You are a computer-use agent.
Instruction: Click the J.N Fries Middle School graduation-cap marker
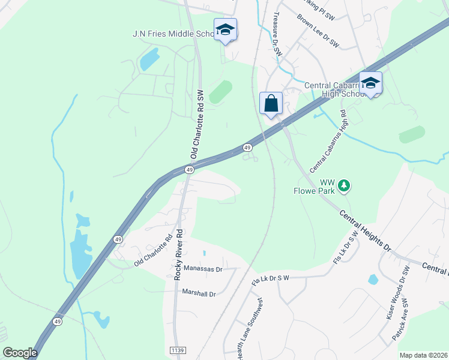[x=225, y=30]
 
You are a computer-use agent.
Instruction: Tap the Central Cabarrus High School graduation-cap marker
[x=370, y=83]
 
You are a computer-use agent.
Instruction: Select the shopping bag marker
[x=271, y=103]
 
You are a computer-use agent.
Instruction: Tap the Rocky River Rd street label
[x=178, y=253]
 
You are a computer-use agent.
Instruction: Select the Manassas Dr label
[x=203, y=269]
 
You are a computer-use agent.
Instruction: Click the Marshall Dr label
[x=199, y=293]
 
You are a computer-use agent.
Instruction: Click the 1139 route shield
[x=178, y=350]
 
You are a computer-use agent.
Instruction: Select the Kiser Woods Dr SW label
[x=396, y=295]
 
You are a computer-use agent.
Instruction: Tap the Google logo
[x=20, y=353]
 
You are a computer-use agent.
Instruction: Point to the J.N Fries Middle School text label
[x=173, y=34]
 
